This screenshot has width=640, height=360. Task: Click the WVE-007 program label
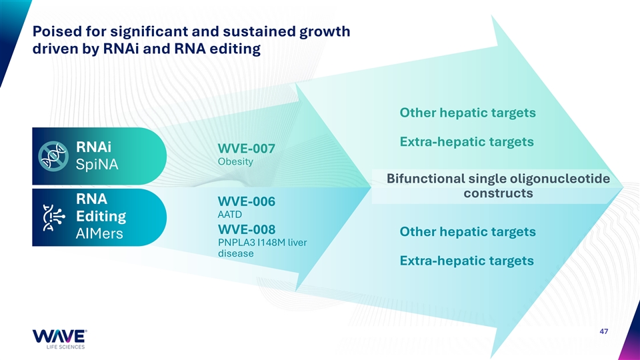[x=247, y=149]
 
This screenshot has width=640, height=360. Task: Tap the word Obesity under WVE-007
[x=235, y=161]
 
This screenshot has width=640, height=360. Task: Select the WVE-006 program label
[x=247, y=201]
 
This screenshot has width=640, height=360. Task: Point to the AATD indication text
[x=230, y=214]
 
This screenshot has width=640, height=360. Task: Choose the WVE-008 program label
[x=247, y=229]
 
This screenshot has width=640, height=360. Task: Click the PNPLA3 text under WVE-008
[x=236, y=243]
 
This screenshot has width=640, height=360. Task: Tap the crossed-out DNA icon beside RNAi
[x=53, y=156]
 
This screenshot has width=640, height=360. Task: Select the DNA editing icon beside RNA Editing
[x=53, y=217]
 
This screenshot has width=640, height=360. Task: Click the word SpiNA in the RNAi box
[x=97, y=165]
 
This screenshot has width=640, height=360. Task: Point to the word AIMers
[x=99, y=233]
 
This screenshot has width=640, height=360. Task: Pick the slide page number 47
[x=604, y=331]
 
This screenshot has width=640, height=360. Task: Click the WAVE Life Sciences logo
[x=59, y=339]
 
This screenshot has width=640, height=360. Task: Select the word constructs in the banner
[x=499, y=193]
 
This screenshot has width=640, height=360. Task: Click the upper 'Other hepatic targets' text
[x=468, y=113]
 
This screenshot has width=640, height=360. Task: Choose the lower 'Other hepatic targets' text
[x=468, y=232]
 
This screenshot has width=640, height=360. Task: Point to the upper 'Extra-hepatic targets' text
[x=467, y=142]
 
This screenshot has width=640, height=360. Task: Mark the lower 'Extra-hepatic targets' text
[x=467, y=261]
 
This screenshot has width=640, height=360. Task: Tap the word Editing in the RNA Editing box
[x=101, y=216]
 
